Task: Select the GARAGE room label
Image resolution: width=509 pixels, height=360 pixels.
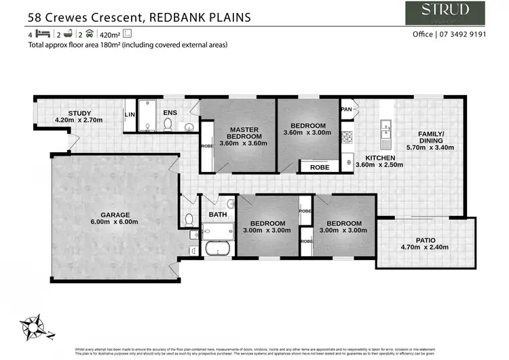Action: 115,215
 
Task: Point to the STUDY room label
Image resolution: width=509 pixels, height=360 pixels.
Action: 79,113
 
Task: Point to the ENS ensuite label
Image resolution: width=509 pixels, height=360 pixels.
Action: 170,112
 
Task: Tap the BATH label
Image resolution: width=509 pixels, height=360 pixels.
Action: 217,214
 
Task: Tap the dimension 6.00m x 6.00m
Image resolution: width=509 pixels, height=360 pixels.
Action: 115,222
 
